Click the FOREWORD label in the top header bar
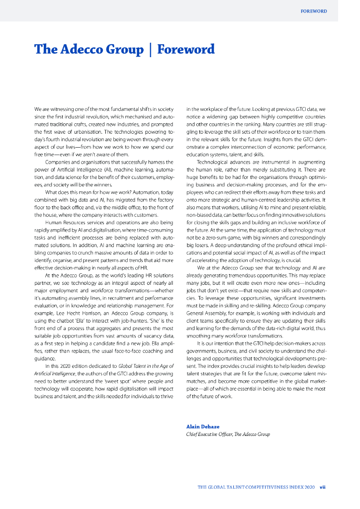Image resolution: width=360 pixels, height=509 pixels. coord(314,11)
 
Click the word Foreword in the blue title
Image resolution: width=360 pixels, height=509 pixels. coord(186,49)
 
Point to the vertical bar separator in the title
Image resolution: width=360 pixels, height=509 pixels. coord(150,49)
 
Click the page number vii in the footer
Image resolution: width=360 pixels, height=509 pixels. coord(322,487)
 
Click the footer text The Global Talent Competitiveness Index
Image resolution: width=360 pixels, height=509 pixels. coord(256,487)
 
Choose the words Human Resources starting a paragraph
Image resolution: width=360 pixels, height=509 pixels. coord(62,208)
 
